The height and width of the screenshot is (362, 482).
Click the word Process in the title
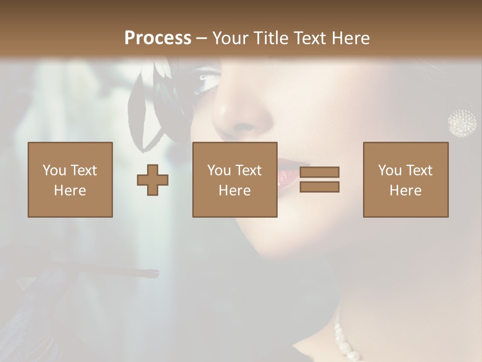pos(158,38)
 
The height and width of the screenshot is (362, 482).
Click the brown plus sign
pos(153,179)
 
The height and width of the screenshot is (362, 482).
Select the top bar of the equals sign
pos(319,172)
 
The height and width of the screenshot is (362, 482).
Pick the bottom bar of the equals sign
pos(319,187)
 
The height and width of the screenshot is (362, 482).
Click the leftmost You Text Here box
pos(70,179)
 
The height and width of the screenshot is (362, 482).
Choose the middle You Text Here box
pos(234,179)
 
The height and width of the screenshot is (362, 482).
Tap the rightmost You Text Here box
pos(405,179)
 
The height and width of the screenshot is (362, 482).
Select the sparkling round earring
pos(462,122)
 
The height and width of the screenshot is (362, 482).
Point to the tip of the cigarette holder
pos(156,274)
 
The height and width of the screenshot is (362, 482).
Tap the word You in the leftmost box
pos(54,170)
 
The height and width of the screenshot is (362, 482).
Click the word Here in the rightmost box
pos(405,190)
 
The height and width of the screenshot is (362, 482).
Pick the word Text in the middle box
pos(248,170)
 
